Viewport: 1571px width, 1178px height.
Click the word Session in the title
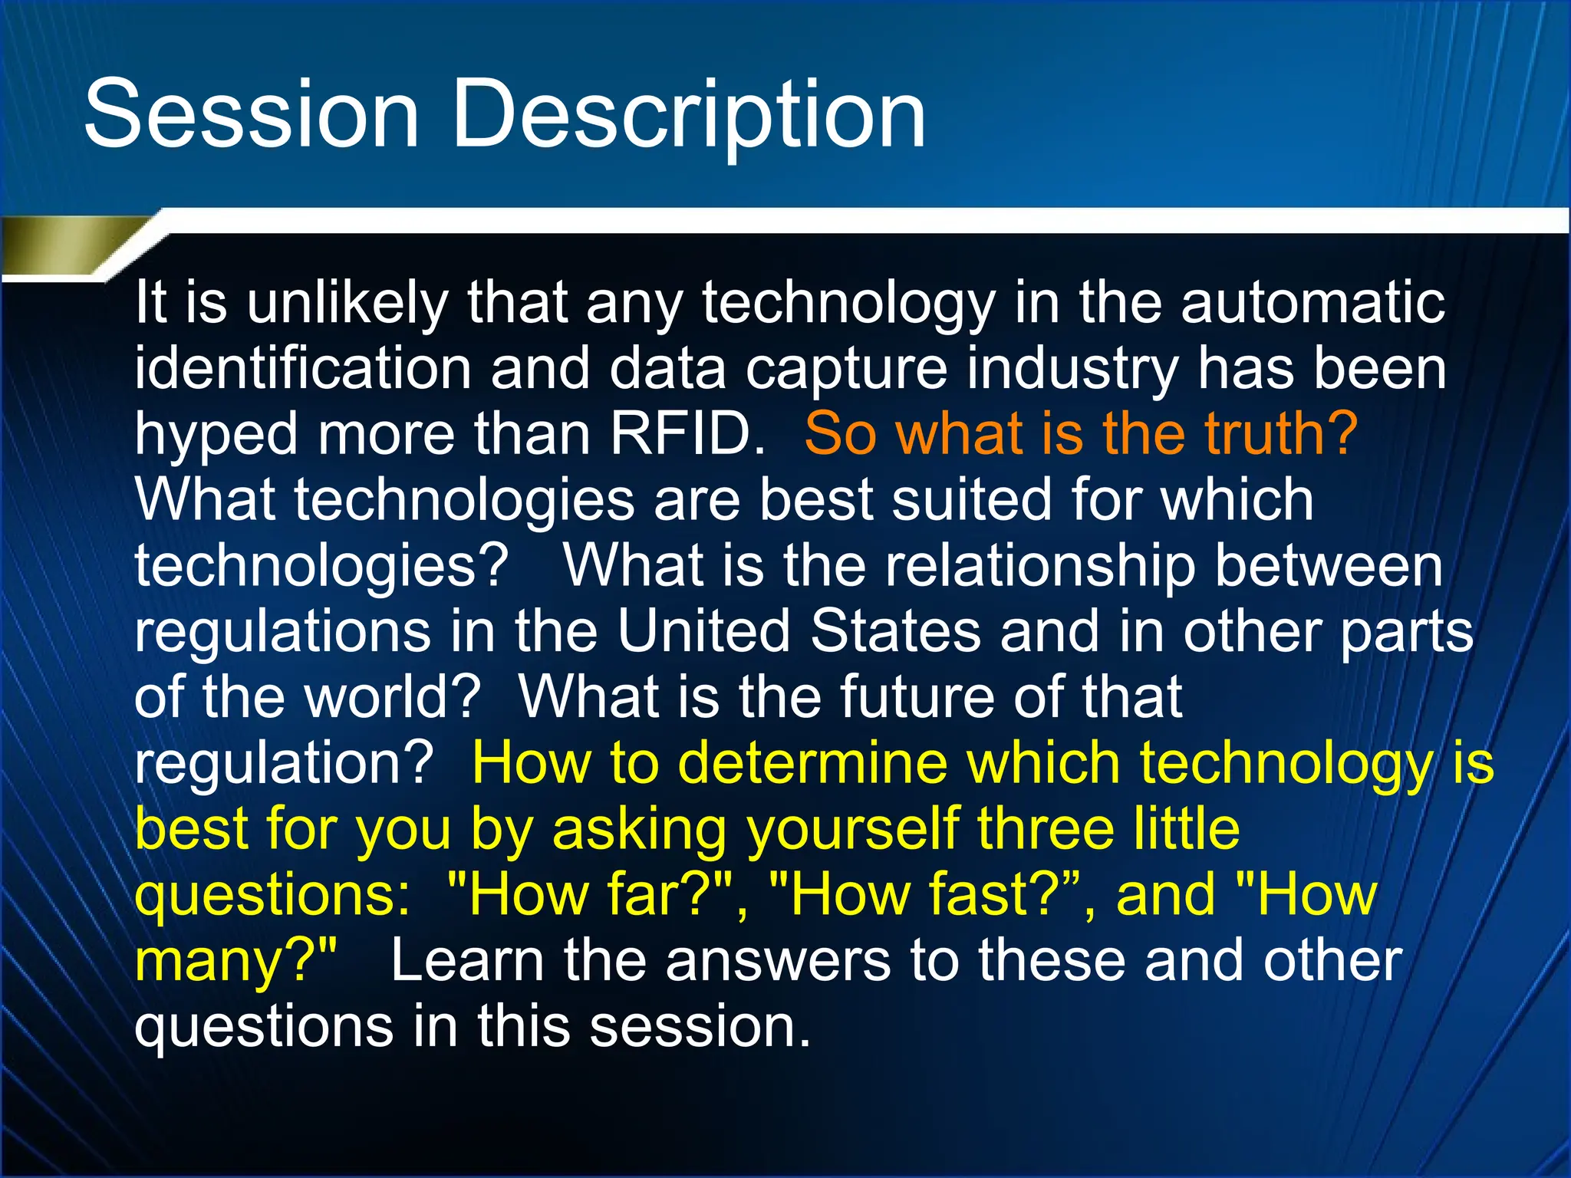(x=252, y=115)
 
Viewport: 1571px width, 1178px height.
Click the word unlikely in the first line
(x=347, y=304)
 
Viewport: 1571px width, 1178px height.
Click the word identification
(x=303, y=368)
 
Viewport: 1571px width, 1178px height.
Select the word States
(x=895, y=631)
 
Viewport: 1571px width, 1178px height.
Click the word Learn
(x=467, y=960)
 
